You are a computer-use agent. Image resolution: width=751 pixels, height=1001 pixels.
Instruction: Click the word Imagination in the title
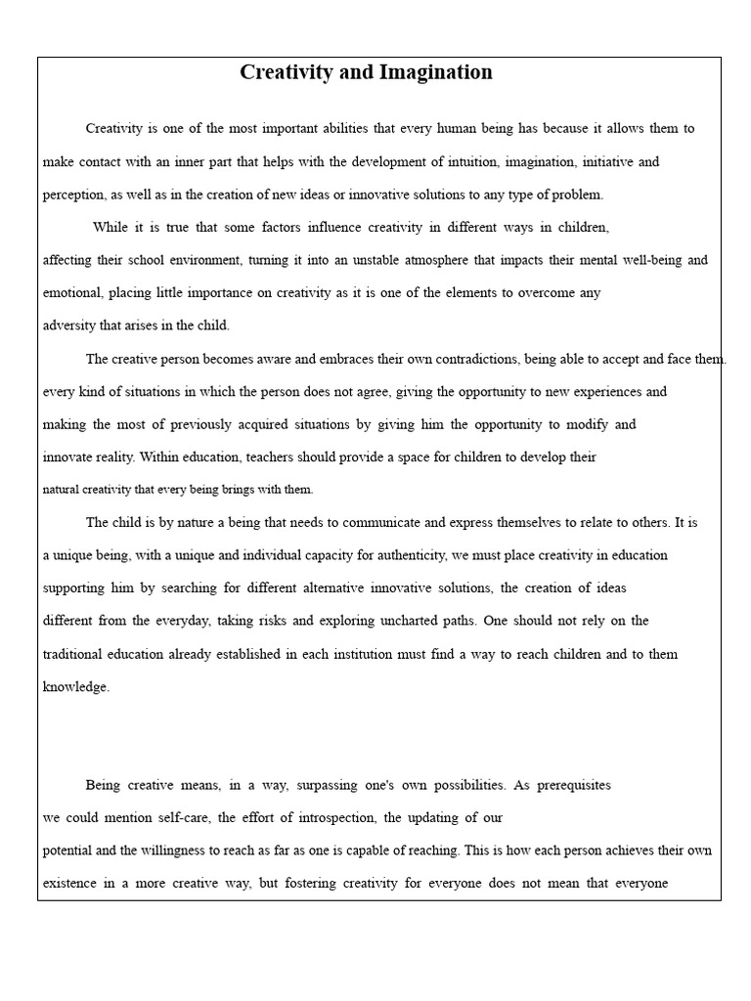(x=434, y=72)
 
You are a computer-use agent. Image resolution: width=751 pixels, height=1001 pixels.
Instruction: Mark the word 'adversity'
(x=70, y=326)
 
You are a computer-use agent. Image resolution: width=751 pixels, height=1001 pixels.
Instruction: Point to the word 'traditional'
(x=79, y=654)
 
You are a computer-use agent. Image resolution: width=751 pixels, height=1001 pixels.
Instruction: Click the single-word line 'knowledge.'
(x=76, y=686)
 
